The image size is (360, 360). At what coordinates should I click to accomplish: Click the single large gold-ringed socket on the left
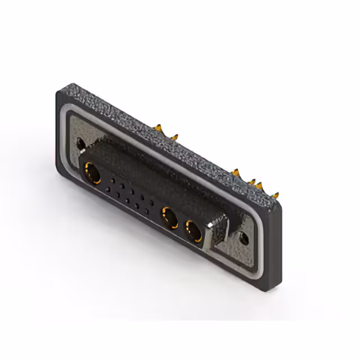[x=93, y=173]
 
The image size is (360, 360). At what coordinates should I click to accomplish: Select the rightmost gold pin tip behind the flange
[x=274, y=196]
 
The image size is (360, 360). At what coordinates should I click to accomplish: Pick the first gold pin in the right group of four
[x=236, y=171]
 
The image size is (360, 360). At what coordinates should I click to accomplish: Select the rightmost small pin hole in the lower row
[x=147, y=211]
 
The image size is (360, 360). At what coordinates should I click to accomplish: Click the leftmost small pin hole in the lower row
[x=108, y=190]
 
